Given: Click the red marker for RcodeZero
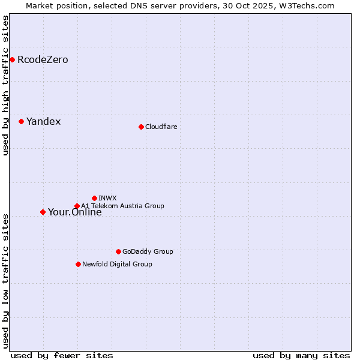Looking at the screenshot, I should click(x=12, y=59).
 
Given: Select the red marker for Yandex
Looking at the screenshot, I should click(x=21, y=121).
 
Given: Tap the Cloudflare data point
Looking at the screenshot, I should click(x=141, y=127).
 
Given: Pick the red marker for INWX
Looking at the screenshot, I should click(x=94, y=198).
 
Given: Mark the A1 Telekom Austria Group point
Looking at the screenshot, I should click(x=77, y=206).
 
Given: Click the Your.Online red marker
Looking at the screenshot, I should click(x=43, y=212).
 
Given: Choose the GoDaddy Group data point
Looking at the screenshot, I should click(x=118, y=251).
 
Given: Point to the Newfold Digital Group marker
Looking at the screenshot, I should click(x=78, y=264).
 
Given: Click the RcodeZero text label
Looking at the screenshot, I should click(x=43, y=60).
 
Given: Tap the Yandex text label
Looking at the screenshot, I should click(x=43, y=122).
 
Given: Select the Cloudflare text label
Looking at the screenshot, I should click(x=161, y=127).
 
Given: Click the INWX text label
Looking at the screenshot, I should click(x=107, y=198).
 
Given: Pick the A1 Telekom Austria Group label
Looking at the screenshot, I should click(x=122, y=206).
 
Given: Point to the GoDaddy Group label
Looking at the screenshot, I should click(x=148, y=251).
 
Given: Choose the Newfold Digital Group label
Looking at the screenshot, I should click(x=117, y=264).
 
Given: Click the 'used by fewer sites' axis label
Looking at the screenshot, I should click(x=62, y=355).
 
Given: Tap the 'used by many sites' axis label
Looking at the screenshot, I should click(x=301, y=355).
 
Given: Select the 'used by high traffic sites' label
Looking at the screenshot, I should click(x=5, y=85).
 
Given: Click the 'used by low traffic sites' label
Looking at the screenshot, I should click(x=5, y=280).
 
